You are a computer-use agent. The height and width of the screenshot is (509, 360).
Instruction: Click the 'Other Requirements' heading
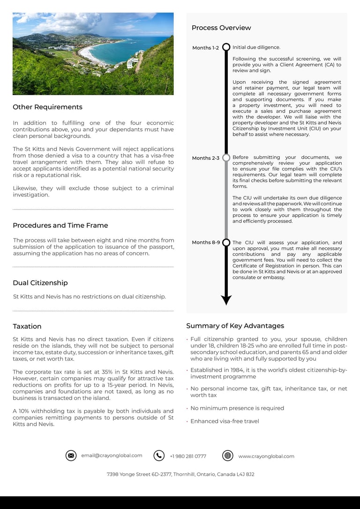(x=47, y=107)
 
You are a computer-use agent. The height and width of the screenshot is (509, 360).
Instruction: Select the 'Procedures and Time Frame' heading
(x=60, y=225)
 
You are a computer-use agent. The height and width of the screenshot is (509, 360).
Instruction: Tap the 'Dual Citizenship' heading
(x=40, y=283)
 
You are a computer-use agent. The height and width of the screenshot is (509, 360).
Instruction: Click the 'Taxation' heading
(x=27, y=326)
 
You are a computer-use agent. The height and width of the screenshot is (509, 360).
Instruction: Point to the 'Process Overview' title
(x=221, y=28)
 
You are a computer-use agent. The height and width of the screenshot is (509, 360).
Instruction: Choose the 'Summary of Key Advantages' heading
(x=235, y=326)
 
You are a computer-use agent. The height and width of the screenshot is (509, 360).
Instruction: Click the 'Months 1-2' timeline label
(x=205, y=48)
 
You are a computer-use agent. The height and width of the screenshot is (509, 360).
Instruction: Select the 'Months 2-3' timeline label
(x=205, y=158)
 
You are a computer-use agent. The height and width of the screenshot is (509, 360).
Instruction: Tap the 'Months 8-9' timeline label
(x=206, y=242)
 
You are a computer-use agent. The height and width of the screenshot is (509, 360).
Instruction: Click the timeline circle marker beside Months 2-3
(x=226, y=158)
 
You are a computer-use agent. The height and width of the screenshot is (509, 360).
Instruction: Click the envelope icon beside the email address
(x=71, y=456)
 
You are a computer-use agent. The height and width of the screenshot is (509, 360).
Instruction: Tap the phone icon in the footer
(x=159, y=456)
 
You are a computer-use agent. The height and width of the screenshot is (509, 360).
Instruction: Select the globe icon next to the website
(x=228, y=456)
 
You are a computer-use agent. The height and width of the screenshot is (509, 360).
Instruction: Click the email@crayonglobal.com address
(x=112, y=456)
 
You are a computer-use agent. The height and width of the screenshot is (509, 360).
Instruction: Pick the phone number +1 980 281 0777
(x=188, y=456)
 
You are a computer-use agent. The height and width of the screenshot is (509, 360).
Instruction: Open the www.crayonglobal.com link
(x=266, y=456)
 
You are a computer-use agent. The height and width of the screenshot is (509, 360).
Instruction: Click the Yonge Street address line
(x=180, y=474)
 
